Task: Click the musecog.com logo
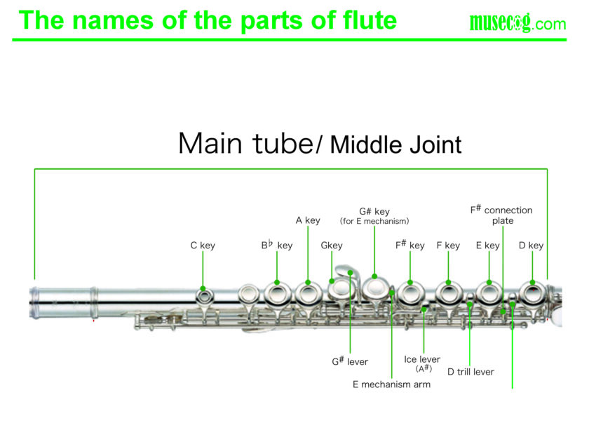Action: [517, 23]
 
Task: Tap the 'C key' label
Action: [203, 246]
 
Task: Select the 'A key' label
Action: [308, 220]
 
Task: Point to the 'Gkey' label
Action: [332, 246]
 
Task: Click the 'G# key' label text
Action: [374, 211]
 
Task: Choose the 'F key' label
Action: [448, 246]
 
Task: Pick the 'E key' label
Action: [487, 246]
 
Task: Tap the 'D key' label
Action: [531, 246]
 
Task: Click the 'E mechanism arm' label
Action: [391, 384]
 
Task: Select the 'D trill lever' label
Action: [470, 372]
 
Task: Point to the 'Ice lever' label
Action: [422, 360]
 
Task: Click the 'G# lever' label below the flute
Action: [350, 362]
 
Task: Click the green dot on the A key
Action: [308, 283]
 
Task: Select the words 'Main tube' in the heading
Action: [244, 144]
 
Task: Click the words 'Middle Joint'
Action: [396, 145]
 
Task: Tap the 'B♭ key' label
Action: [277, 246]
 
